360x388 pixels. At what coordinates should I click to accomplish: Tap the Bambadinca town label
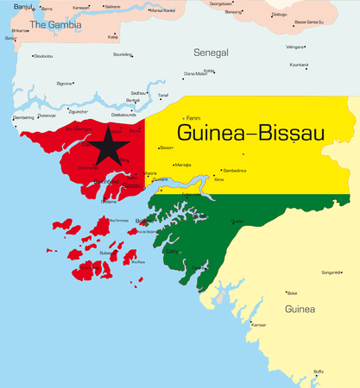tap(234, 171)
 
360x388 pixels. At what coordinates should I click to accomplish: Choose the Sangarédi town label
tap(331, 272)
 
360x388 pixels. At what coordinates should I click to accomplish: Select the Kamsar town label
tap(258, 325)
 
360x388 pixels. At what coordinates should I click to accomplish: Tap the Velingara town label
tap(295, 47)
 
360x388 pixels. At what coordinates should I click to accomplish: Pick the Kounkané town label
tap(299, 65)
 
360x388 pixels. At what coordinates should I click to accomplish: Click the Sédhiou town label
tap(137, 92)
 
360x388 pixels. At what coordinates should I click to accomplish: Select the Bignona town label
tap(65, 84)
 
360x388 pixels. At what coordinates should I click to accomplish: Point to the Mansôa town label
tap(183, 165)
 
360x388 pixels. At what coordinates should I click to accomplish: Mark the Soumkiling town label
tap(123, 54)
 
